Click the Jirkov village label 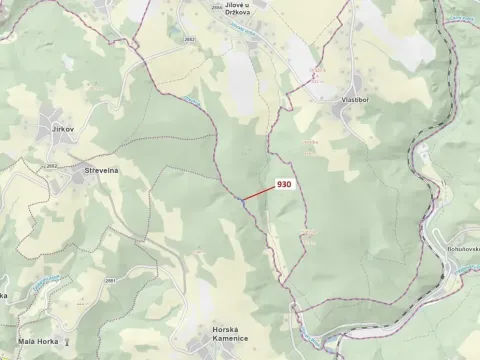63,130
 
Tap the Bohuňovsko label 458,247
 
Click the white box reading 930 283,184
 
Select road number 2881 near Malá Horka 109,281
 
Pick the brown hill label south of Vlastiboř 311,145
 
